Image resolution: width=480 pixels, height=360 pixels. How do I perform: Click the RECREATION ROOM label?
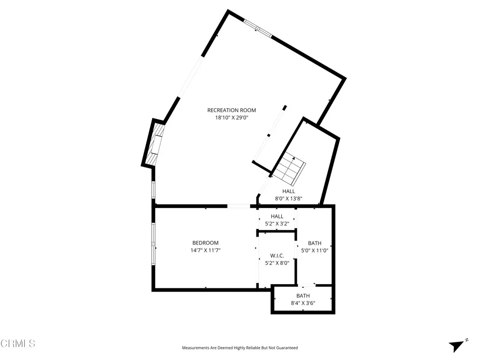(232, 110)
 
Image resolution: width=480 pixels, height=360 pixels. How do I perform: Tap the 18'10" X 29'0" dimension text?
(232, 118)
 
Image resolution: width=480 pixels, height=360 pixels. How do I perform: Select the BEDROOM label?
(205, 243)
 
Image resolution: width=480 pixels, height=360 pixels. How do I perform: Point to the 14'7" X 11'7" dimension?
(205, 250)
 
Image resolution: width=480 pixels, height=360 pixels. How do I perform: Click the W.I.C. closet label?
(277, 255)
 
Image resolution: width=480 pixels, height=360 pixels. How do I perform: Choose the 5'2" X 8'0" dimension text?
(277, 263)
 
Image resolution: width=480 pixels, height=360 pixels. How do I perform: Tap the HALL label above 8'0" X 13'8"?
(289, 191)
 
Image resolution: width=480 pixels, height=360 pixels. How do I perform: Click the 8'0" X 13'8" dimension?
(289, 199)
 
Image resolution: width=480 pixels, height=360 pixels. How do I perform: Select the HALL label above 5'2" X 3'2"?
(277, 216)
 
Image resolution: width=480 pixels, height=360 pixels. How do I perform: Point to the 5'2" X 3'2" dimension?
(277, 224)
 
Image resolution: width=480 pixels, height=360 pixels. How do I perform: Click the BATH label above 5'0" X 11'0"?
(315, 243)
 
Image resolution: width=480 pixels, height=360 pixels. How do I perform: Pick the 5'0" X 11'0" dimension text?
(315, 251)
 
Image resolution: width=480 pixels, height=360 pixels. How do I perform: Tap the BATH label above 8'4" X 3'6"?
(303, 296)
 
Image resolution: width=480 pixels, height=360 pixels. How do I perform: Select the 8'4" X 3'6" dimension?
(303, 303)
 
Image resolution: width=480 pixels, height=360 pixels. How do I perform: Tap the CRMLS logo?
(18, 344)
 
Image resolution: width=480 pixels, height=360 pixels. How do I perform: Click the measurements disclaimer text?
(240, 348)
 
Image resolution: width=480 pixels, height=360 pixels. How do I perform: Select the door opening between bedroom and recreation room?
(239, 206)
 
